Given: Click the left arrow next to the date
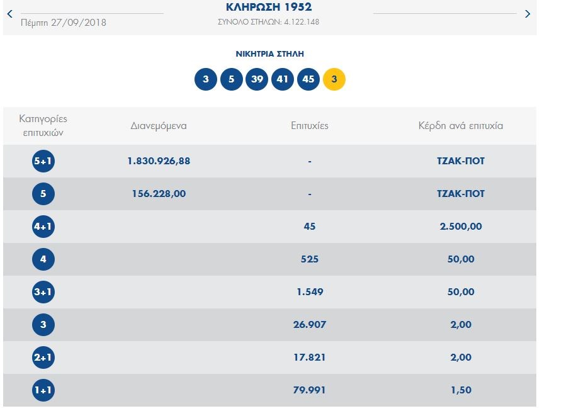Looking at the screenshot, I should [9, 13].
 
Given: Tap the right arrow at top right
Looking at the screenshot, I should [527, 14].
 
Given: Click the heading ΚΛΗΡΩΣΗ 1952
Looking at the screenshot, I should [268, 8].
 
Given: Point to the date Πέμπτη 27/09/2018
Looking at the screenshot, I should [64, 23].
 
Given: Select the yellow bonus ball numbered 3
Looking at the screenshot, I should [334, 79].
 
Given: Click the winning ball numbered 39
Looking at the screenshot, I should [257, 79].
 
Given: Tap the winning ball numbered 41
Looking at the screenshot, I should [283, 79].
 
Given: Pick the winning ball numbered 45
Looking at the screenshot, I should [308, 79].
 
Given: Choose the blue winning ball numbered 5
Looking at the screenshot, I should [231, 79].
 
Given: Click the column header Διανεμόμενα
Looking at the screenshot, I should [159, 125].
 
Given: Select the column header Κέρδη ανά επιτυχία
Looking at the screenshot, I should [461, 125].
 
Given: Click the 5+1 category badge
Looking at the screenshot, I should [43, 161].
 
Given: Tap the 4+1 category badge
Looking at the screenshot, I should [43, 227].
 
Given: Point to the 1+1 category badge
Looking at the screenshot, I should [43, 390].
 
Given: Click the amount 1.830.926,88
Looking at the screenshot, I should [159, 161].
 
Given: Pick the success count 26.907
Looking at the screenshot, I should [310, 325].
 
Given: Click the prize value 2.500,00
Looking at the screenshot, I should [461, 227].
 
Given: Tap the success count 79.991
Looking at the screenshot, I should [310, 390].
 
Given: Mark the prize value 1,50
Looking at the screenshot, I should [461, 390].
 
